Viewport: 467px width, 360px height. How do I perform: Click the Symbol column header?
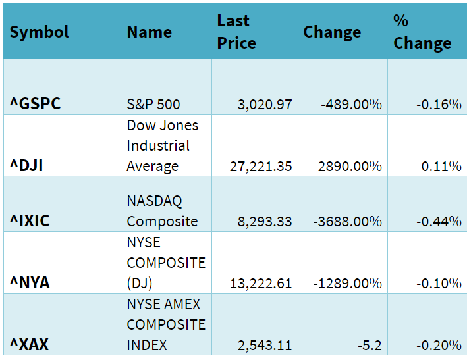pos(40,32)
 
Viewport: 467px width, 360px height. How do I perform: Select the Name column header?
pos(149,32)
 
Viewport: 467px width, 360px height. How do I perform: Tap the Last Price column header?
pos(236,32)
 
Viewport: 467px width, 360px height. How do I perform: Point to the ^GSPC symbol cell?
pos(35,103)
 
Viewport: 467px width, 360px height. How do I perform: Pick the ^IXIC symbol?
pos(30,220)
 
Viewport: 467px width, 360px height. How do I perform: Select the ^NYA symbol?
pos(30,283)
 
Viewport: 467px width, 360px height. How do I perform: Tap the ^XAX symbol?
pos(29,344)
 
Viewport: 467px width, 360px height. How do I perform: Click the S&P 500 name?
pos(153,104)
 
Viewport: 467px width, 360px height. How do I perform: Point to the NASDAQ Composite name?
pos(162,211)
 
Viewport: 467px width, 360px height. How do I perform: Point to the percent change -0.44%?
pos(439,221)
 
